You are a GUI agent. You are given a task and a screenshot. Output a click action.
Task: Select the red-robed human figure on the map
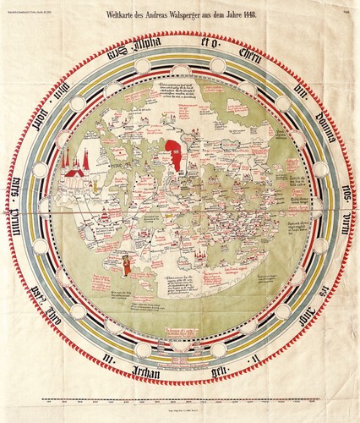coord(126,266)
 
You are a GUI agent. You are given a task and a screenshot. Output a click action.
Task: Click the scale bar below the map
coord(180,401)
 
